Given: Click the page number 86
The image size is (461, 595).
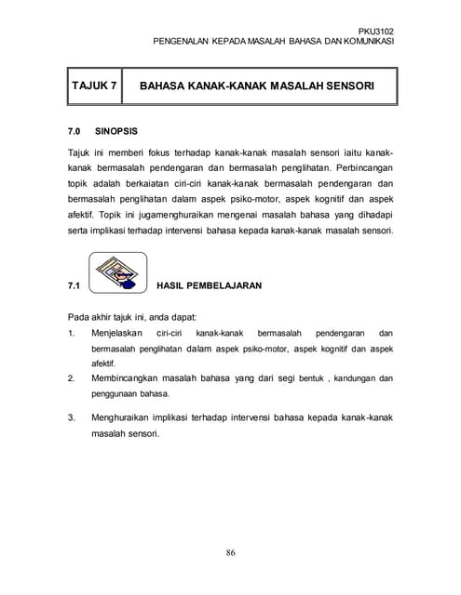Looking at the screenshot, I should pos(230,553).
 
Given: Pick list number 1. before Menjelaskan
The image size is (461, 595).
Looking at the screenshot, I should pos(72,332).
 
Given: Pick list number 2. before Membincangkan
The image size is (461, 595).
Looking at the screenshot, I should pos(72,378).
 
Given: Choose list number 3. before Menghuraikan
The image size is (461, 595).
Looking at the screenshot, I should pos(72,417).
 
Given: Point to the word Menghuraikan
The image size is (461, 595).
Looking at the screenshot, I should pos(126,417).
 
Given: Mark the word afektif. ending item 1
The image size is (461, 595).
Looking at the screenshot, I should pos(106,364).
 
